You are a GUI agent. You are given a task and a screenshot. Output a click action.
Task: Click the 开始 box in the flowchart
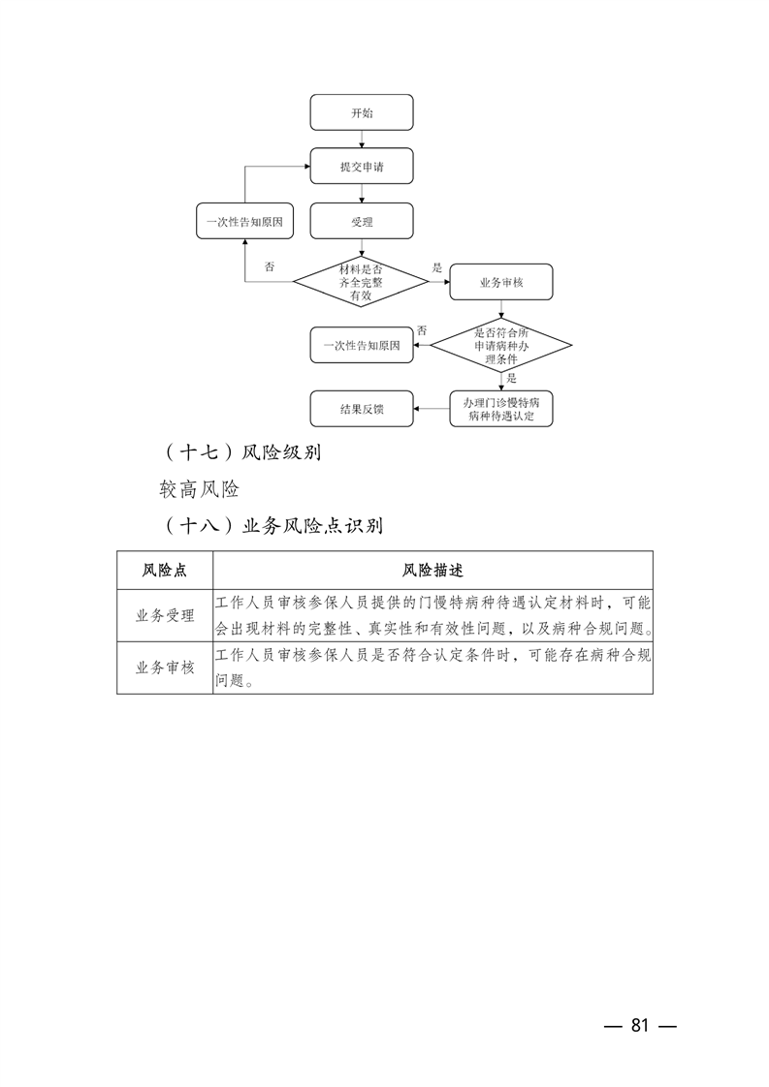[x=362, y=112]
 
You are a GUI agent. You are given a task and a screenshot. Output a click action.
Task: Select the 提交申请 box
[x=362, y=166]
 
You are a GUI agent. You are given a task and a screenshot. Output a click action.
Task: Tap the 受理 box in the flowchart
[x=362, y=221]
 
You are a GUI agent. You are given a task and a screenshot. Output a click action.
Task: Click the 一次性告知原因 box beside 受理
[x=244, y=221]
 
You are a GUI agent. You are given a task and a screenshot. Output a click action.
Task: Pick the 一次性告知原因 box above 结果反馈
[x=362, y=345]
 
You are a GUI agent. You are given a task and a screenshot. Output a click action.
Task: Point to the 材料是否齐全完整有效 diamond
[x=361, y=282]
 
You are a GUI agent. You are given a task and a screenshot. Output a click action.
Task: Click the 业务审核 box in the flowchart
[x=501, y=282]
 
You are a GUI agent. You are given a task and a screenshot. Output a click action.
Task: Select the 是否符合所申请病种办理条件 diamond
[x=501, y=345]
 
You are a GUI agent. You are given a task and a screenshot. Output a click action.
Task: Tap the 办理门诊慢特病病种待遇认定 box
[x=501, y=409]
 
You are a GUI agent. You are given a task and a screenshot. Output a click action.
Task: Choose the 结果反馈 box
[x=362, y=409]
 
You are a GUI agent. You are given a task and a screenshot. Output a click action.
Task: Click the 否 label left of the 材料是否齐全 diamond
[x=269, y=266]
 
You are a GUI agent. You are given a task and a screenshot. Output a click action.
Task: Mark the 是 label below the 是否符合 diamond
[x=511, y=379]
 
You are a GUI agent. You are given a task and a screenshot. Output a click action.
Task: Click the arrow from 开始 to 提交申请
[x=362, y=139]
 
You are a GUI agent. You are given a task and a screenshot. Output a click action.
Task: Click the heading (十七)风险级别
[x=241, y=452]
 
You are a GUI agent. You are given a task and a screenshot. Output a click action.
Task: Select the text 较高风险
[x=200, y=489]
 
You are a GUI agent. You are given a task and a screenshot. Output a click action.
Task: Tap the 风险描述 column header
[x=433, y=570]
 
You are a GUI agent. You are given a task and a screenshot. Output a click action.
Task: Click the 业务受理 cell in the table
[x=165, y=615]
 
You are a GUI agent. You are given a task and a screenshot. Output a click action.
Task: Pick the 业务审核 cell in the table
[x=165, y=668]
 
